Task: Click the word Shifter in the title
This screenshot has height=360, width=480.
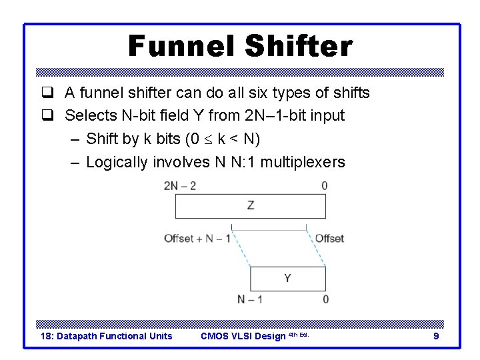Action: pyautogui.click(x=299, y=46)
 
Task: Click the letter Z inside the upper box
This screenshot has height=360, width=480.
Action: pyautogui.click(x=251, y=205)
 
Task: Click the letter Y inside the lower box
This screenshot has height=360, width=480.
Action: pyautogui.click(x=287, y=277)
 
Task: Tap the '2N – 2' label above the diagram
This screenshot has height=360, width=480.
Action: pyautogui.click(x=180, y=186)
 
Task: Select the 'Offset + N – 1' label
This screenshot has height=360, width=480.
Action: pyautogui.click(x=197, y=238)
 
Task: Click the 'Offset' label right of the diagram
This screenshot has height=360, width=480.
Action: pyautogui.click(x=329, y=238)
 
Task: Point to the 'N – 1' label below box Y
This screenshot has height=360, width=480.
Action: pyautogui.click(x=250, y=299)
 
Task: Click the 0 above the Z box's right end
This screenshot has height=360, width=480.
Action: pyautogui.click(x=325, y=186)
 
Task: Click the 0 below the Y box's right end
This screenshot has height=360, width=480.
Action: pyautogui.click(x=325, y=299)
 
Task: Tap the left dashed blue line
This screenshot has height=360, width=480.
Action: pyautogui.click(x=240, y=249)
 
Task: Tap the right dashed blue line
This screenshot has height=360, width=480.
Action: pyautogui.click(x=316, y=249)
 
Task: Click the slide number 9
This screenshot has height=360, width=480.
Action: pyautogui.click(x=436, y=336)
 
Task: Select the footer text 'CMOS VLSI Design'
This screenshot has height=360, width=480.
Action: pyautogui.click(x=243, y=336)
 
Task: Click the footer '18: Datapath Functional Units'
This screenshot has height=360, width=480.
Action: pyautogui.click(x=107, y=336)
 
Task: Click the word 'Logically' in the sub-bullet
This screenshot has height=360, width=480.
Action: pyautogui.click(x=117, y=162)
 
